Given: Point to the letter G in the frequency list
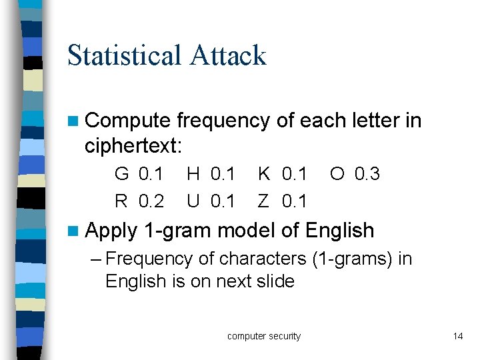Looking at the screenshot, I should pos(122,175).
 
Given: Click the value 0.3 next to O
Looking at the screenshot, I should pos(367,175).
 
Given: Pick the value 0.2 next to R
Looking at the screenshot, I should pos(151,200).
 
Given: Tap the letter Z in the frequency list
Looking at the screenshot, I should pos(264,200).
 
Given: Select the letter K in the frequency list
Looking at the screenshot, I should pos(265,175).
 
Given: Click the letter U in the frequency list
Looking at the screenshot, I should pos(193,200).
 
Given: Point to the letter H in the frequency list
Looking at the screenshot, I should pos(193,175).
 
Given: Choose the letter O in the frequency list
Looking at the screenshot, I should pos(337,175).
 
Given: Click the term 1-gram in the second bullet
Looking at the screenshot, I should pos(178,231).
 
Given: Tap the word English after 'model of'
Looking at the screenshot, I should pos(340,231).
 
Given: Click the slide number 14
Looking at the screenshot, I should pos(457,336).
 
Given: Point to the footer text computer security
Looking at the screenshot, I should pos(264,336).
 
